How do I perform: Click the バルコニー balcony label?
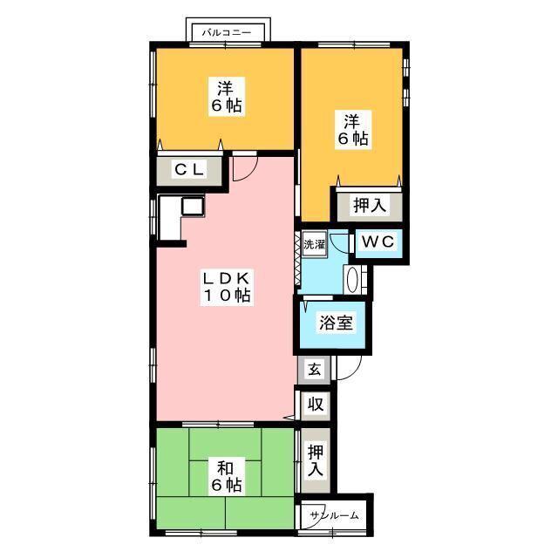(x=227, y=33)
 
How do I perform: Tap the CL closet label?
(x=190, y=169)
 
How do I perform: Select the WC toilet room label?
(x=378, y=242)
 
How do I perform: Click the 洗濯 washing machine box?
(x=314, y=244)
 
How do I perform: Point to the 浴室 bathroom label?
(x=336, y=323)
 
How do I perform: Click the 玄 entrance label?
(x=315, y=370)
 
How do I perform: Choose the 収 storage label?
(x=315, y=405)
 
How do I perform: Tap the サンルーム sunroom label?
(x=334, y=515)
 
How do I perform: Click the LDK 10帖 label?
(x=227, y=287)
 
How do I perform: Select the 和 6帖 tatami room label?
(x=227, y=477)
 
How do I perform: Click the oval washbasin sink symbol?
(x=351, y=280)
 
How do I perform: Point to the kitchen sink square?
(x=193, y=206)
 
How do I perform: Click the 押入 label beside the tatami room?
(x=316, y=460)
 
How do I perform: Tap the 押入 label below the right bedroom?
(x=370, y=206)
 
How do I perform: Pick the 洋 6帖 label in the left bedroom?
(x=227, y=97)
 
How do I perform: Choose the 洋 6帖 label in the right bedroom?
(x=352, y=130)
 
